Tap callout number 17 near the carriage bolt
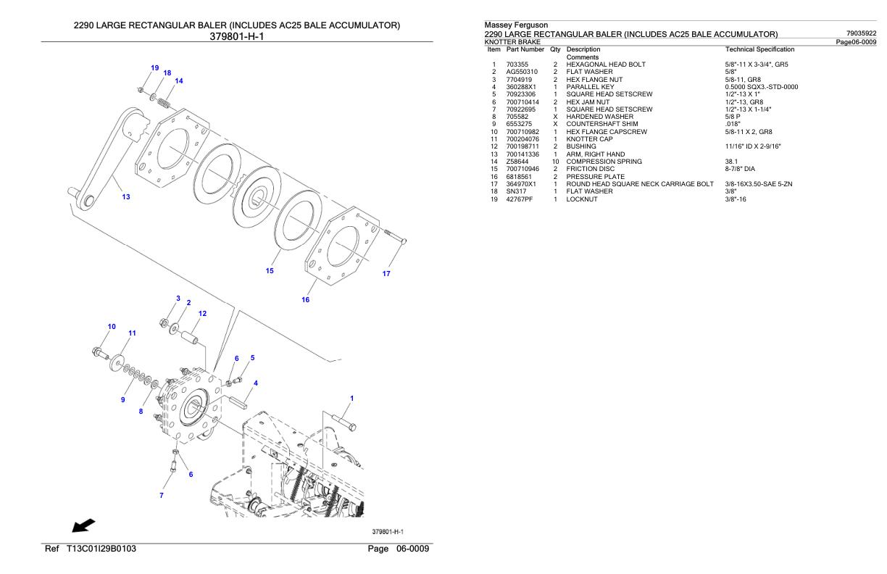tap(386, 274)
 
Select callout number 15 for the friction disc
tap(270, 271)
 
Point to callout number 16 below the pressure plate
tap(306, 299)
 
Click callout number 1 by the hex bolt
tap(352, 398)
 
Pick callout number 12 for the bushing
tap(203, 313)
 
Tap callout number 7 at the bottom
tap(162, 495)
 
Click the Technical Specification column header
tap(759, 49)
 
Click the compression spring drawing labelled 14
tap(165, 104)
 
